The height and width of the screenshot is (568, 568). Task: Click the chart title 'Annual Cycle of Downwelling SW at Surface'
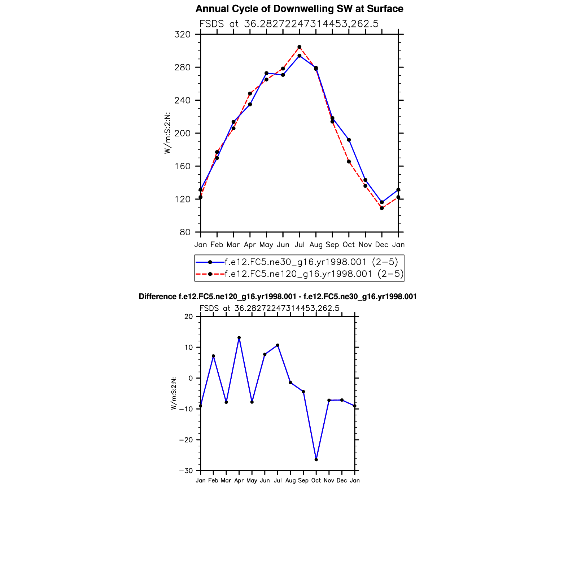click(x=299, y=9)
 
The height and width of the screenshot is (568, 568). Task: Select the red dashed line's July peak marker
click(x=300, y=47)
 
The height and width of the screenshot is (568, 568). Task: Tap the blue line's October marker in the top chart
click(x=349, y=140)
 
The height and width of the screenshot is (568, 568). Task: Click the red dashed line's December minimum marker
click(x=382, y=208)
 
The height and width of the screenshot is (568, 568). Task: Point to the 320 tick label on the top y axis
click(x=182, y=35)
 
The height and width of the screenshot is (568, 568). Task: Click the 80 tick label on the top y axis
click(x=184, y=232)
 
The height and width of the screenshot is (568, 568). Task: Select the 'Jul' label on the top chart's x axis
click(x=300, y=245)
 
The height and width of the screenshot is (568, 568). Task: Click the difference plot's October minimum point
click(x=316, y=460)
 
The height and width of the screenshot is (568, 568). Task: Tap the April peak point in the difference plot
click(x=239, y=338)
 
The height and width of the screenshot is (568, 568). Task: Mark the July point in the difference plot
click(x=278, y=345)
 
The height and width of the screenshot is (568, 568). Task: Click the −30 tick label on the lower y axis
click(x=186, y=471)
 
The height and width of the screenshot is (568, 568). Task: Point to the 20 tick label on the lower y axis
click(x=189, y=317)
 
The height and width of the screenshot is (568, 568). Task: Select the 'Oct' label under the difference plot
click(x=316, y=481)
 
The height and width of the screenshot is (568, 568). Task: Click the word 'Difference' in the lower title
click(x=157, y=297)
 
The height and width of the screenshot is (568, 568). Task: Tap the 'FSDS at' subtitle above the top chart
click(x=219, y=24)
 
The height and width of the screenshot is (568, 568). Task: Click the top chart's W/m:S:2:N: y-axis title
click(x=167, y=133)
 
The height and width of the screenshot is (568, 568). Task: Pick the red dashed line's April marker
click(x=250, y=93)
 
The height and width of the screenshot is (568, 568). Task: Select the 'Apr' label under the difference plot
click(x=239, y=481)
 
